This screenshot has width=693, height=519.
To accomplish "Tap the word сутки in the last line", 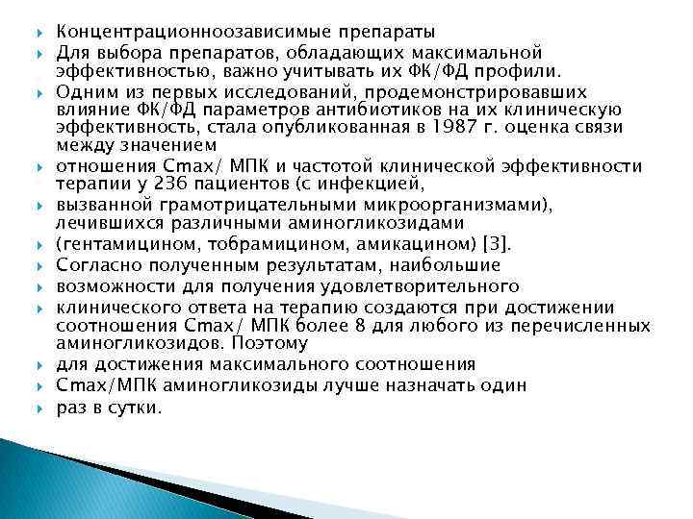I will pos(136,408).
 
